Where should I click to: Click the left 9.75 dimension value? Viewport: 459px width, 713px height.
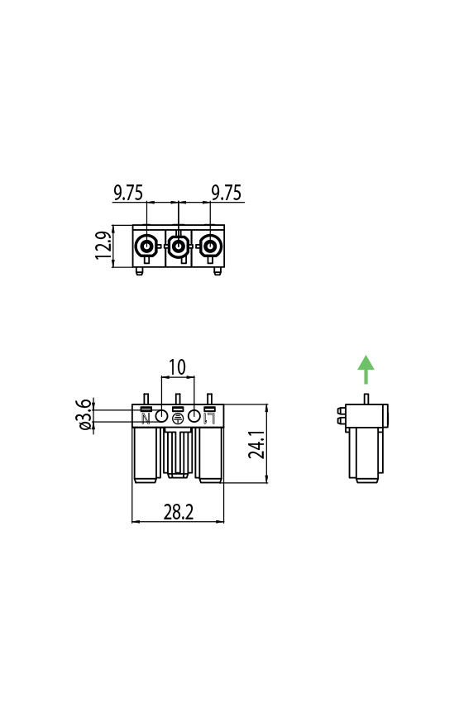pyautogui.click(x=128, y=193)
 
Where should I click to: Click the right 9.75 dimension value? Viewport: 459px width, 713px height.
pyautogui.click(x=226, y=193)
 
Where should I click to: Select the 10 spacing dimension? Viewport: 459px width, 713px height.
pyautogui.click(x=177, y=366)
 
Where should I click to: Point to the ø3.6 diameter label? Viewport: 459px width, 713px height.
pyautogui.click(x=84, y=414)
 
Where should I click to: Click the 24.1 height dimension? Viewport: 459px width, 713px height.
pyautogui.click(x=256, y=444)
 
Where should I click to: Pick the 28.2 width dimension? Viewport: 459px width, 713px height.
pyautogui.click(x=178, y=513)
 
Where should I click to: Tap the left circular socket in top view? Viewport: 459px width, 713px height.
pyautogui.click(x=146, y=246)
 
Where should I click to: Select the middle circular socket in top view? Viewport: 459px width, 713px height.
pyautogui.click(x=178, y=246)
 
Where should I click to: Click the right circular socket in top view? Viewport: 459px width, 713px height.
pyautogui.click(x=210, y=246)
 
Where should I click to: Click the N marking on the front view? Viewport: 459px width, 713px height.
pyautogui.click(x=146, y=418)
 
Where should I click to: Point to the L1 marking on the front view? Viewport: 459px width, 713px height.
pyautogui.click(x=210, y=418)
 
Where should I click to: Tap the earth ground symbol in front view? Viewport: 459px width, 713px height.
pyautogui.click(x=177, y=418)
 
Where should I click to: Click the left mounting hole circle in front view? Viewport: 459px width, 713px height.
pyautogui.click(x=162, y=416)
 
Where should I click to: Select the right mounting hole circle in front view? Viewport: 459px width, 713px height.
pyautogui.click(x=194, y=416)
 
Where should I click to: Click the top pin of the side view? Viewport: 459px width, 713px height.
pyautogui.click(x=366, y=400)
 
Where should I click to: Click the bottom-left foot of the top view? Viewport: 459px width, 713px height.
pyautogui.click(x=140, y=270)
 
